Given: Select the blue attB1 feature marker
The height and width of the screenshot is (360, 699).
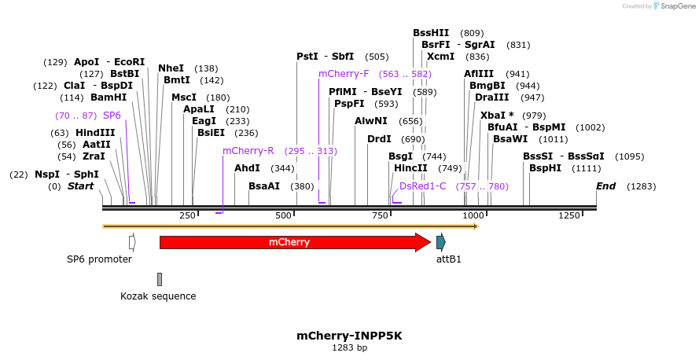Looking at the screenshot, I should coord(441,242).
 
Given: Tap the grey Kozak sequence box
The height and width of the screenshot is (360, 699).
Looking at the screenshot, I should coord(160,279).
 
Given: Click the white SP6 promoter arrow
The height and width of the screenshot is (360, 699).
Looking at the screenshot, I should coord(132,241).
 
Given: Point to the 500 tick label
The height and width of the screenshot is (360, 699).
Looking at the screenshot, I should coord(283,215).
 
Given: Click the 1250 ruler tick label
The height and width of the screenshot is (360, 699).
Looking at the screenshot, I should coord(569,215).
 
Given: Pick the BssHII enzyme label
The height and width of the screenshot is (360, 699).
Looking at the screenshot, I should coord(431,33).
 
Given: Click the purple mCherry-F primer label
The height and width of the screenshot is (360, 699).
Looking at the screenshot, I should coord(344,74).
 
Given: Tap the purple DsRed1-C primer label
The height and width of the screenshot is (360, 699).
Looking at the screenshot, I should coord(423,186).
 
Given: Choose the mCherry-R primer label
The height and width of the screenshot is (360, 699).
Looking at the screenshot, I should coord(248,151).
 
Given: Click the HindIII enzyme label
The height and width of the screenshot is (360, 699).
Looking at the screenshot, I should coord(95,133).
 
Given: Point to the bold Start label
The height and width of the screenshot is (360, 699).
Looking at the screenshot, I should coord(80,186).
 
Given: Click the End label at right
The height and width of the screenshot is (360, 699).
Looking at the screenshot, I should coord(605,186).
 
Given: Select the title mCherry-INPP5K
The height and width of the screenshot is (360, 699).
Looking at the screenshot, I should coord(349,336).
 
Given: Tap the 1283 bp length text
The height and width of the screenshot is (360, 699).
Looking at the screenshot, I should coord(349,347).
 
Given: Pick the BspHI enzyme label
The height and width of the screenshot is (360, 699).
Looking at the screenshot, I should coord(545,168).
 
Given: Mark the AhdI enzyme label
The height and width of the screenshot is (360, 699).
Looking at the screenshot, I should coord(247,168).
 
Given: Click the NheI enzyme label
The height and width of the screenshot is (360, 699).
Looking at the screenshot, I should coord(171,68).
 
